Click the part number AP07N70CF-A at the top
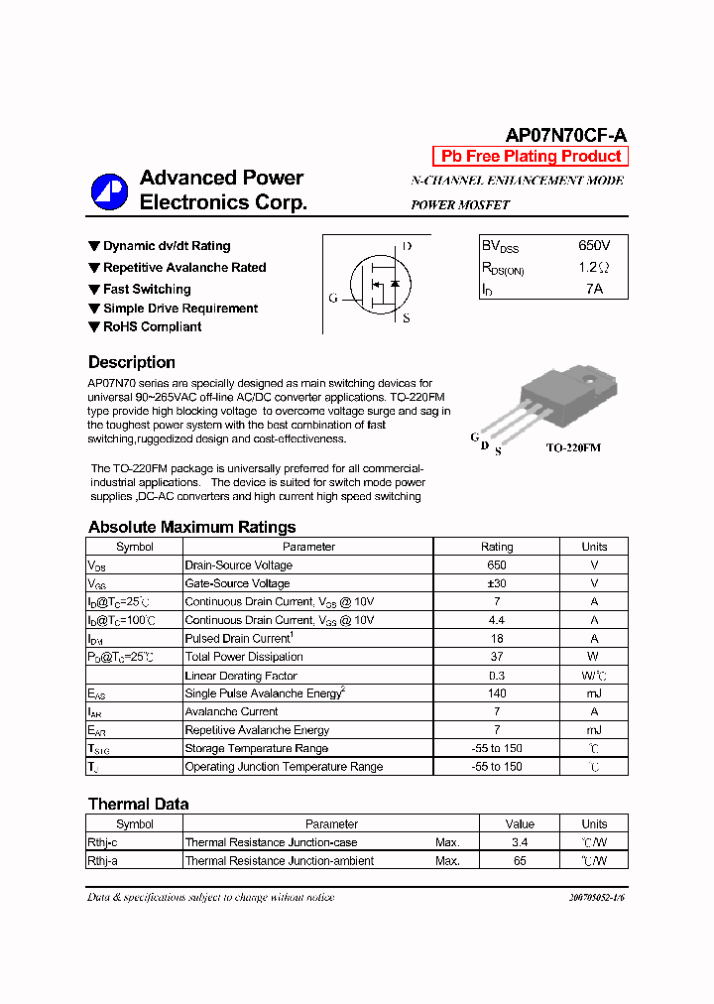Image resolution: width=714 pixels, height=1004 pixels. point(565,136)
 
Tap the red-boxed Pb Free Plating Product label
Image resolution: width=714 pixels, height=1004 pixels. point(531,156)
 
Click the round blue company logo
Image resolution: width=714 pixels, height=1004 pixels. point(109,190)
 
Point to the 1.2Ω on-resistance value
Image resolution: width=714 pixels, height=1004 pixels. point(594,268)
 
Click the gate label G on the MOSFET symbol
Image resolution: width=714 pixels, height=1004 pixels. point(333,298)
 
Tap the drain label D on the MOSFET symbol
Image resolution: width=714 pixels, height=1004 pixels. point(407,246)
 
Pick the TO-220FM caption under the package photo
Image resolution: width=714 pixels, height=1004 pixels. point(573,447)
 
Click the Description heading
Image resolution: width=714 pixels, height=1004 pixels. point(132,362)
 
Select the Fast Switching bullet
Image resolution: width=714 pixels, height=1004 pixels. point(147,289)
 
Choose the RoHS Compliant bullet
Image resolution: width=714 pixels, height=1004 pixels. point(152,326)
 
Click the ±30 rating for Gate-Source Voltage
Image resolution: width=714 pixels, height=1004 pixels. point(497,583)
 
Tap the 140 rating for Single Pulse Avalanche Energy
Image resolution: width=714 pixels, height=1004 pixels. point(497,693)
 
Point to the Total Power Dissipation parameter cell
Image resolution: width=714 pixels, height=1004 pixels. point(244,657)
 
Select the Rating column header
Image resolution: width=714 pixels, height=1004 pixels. point(497,547)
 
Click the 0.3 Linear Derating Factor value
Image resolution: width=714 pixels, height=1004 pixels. point(497,676)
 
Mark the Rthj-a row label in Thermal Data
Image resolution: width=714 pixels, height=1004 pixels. point(103,861)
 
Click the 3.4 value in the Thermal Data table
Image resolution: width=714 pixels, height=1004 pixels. point(520,842)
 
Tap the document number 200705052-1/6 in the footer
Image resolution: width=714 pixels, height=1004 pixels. point(597,898)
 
